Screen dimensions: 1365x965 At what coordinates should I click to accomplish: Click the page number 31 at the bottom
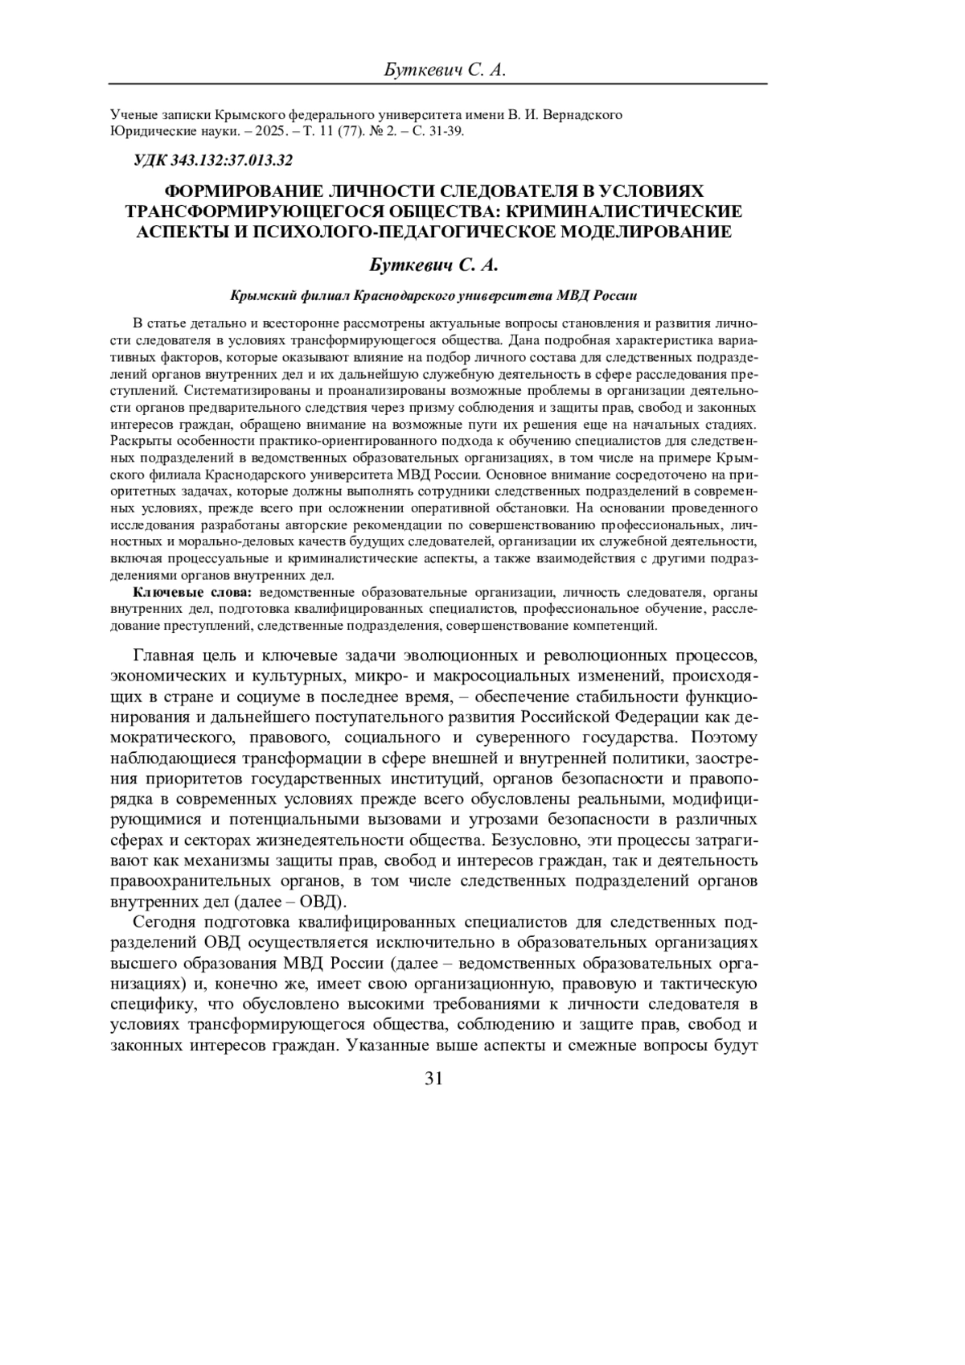point(433,1079)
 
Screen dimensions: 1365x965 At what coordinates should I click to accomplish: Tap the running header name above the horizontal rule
point(445,71)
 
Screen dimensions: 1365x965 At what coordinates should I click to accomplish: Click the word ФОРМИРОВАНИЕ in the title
point(244,191)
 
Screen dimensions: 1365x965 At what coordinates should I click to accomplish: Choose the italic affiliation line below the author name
point(433,295)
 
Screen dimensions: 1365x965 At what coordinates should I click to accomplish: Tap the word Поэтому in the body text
point(721,737)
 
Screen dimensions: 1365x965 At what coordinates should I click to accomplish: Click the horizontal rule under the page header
point(438,84)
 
